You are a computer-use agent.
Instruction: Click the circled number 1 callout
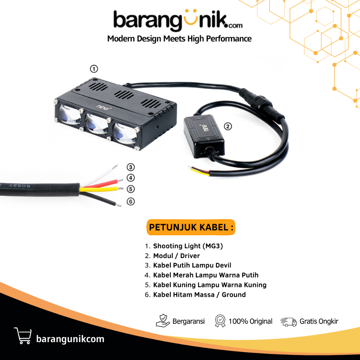94,69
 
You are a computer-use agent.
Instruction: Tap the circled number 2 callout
228,127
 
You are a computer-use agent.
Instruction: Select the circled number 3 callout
130,167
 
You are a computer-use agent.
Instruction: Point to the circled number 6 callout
130,201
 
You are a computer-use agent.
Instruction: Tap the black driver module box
204,135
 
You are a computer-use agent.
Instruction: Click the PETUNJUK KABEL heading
191,227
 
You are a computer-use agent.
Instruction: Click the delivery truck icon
288,321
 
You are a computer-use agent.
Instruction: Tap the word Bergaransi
188,321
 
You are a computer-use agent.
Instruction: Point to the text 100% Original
250,321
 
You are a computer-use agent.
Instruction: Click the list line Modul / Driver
176,256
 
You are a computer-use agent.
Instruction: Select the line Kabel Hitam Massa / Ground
199,295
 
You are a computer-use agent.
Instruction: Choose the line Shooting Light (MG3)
188,246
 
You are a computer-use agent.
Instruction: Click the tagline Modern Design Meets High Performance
179,39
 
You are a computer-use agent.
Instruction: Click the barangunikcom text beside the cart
70,339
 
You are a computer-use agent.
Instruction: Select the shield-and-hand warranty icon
163,321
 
